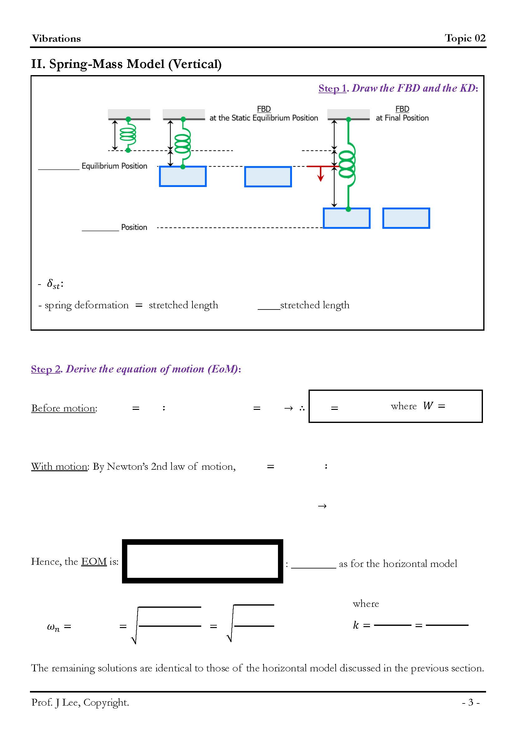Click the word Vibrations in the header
[56, 39]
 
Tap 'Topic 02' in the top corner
[465, 38]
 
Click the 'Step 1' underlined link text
[332, 88]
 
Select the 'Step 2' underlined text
[46, 369]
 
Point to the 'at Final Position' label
[402, 118]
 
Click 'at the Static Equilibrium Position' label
[263, 118]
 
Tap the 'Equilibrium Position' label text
[114, 166]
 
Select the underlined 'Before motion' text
[63, 408]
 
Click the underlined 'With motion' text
[59, 467]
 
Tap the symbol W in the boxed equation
[428, 406]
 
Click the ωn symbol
[53, 627]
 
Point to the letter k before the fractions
[356, 625]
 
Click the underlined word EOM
[94, 562]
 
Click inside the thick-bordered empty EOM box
[202, 561]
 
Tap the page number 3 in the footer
[470, 702]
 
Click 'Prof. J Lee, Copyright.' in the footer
[80, 702]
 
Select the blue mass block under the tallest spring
[346, 218]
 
